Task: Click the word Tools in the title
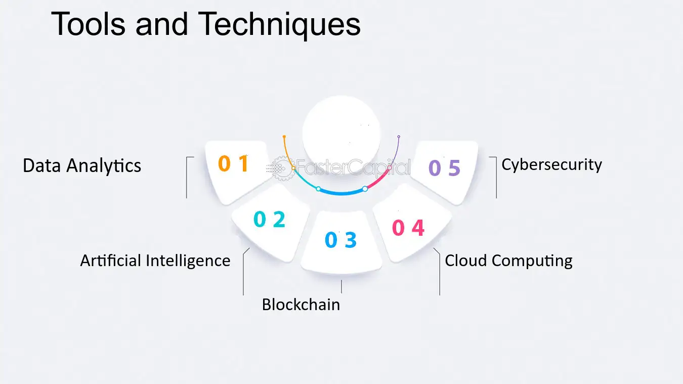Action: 88,24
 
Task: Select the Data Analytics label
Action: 82,166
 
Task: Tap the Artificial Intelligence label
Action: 155,261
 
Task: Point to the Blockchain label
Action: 301,305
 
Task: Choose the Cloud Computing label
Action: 508,261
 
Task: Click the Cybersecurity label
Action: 551,165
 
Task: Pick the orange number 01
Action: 234,163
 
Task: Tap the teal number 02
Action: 270,219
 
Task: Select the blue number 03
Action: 340,239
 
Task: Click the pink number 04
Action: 408,228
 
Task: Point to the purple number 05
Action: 444,168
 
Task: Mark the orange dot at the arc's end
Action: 284,137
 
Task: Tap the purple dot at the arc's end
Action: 399,137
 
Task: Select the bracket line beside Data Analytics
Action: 187,177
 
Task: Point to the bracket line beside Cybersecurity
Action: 496,177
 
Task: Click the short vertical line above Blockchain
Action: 341,287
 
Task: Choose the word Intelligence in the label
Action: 188,261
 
